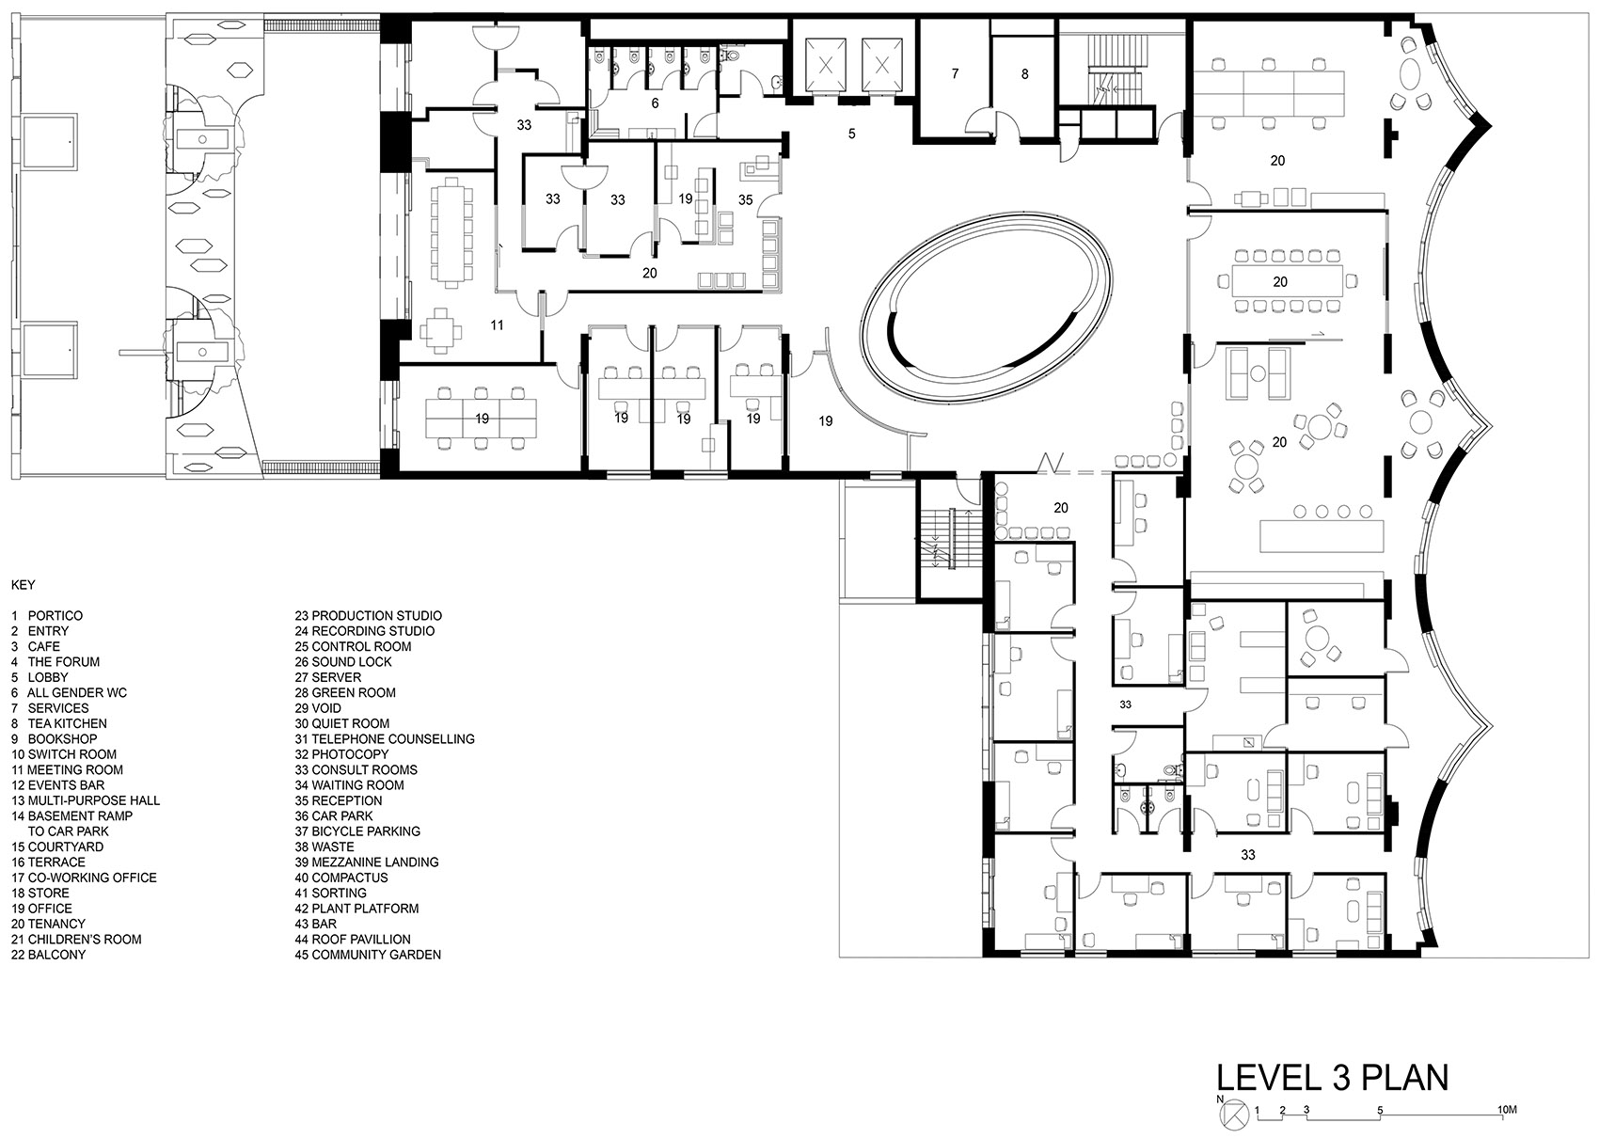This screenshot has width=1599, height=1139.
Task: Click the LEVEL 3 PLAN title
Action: (1332, 1098)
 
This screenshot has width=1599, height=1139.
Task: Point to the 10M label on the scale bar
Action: (1507, 1110)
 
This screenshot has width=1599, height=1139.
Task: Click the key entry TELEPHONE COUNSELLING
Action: (385, 738)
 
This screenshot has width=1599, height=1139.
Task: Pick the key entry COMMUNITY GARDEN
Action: (368, 954)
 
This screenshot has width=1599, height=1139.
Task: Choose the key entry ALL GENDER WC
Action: (69, 692)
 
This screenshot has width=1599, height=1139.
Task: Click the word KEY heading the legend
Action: (23, 585)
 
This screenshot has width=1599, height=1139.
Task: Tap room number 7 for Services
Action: (955, 73)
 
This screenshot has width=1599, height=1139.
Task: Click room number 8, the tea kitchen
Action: (1025, 74)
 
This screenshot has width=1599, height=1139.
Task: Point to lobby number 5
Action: (851, 134)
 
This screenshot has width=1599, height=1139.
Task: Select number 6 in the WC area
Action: (656, 103)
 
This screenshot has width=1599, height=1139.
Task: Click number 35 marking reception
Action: (745, 199)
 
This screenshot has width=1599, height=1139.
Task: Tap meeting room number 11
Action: (497, 325)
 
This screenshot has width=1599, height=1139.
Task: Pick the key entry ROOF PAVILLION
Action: (353, 940)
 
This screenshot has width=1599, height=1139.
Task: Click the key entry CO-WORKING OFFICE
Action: (84, 878)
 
